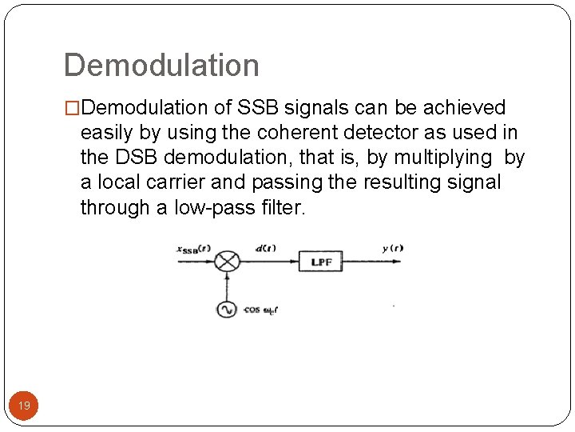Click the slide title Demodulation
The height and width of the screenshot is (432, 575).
(x=161, y=66)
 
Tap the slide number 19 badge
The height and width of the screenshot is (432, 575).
(x=24, y=406)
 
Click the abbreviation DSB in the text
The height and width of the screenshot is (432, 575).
(x=133, y=158)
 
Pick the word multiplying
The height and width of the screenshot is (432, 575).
(x=439, y=158)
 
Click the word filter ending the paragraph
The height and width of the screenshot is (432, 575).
(x=283, y=208)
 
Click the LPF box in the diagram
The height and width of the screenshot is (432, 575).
(x=319, y=262)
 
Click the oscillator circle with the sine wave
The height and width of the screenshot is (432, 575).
(x=227, y=309)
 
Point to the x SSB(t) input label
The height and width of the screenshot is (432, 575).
(x=194, y=249)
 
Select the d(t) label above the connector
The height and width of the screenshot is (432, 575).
(x=265, y=248)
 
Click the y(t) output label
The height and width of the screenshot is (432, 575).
(x=392, y=248)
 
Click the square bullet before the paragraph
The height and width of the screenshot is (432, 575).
(x=72, y=108)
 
